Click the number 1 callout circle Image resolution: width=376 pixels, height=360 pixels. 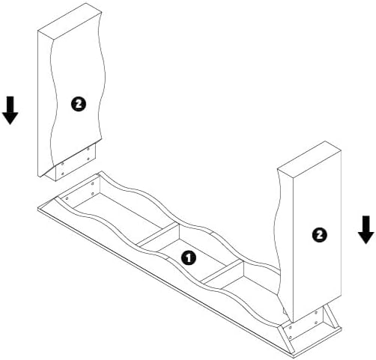coord(189,258)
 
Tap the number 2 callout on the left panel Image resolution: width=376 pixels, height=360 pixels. coord(79,104)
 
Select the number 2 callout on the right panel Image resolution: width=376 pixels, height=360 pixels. coord(320,235)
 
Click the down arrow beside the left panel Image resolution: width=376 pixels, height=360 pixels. coord(10,110)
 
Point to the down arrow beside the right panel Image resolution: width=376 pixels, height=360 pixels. coord(366,230)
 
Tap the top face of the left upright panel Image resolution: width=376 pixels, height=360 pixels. coord(70,21)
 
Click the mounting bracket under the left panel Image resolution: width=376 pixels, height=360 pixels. coord(75,162)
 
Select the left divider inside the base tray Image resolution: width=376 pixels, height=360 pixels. coord(158,234)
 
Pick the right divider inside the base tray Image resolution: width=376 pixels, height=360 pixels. coord(222,272)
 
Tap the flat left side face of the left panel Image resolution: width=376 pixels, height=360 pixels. coord(45,103)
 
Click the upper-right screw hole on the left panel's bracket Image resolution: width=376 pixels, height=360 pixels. coord(88,149)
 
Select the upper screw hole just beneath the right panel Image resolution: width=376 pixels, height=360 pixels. coord(316,313)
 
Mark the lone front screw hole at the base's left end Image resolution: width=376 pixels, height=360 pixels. coord(67,198)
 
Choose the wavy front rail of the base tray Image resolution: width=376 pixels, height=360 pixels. coord(167,252)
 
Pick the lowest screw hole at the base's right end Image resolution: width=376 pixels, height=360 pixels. coord(290,338)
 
